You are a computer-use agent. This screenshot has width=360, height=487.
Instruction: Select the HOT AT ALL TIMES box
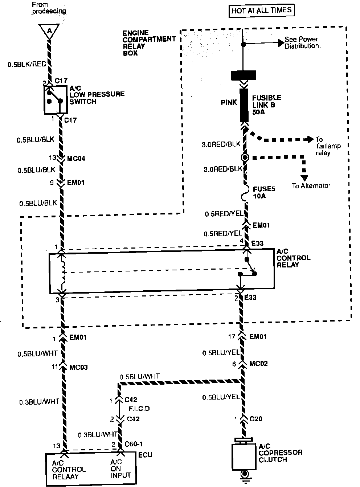(x=261, y=11)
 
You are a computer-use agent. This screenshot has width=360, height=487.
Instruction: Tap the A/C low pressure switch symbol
(x=56, y=99)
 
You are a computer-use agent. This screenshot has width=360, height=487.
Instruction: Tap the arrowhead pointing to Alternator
(x=304, y=177)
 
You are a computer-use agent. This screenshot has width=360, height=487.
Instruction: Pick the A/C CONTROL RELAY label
(x=293, y=258)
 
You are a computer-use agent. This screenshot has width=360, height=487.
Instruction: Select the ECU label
(x=145, y=455)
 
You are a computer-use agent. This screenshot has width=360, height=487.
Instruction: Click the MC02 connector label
(x=258, y=363)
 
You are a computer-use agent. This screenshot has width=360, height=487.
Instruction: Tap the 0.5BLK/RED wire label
(x=27, y=64)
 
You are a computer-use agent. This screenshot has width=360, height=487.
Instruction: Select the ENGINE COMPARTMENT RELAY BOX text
(x=149, y=43)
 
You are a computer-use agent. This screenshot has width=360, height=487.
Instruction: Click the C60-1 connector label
(x=134, y=444)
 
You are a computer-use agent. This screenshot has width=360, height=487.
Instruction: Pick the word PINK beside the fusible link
(x=229, y=103)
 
